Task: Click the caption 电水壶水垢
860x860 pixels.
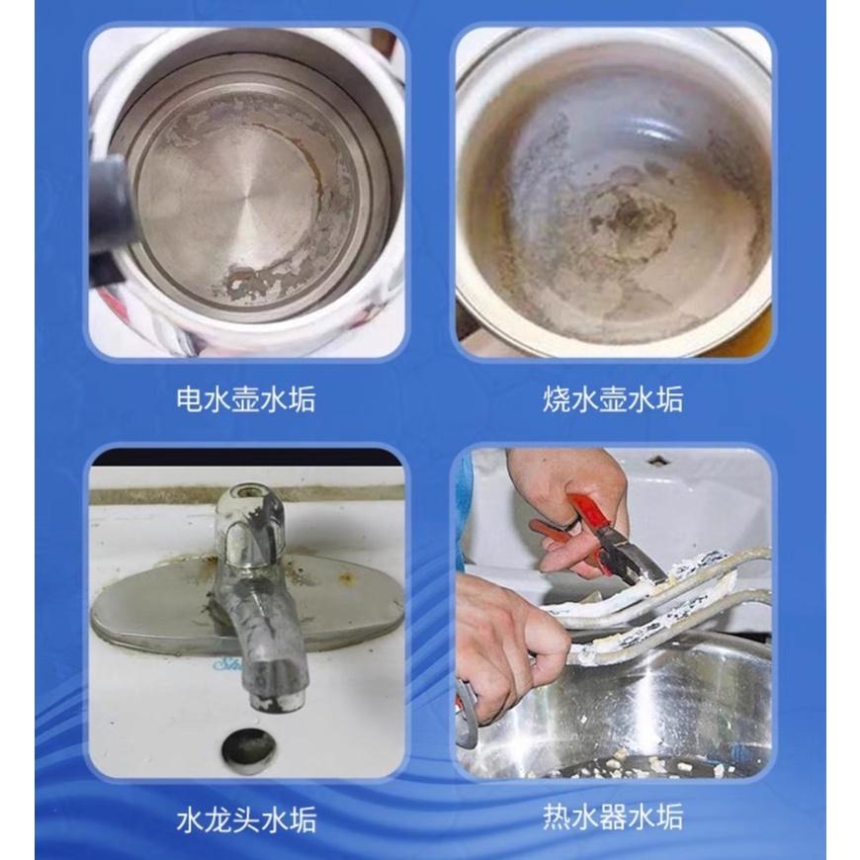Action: (x=246, y=399)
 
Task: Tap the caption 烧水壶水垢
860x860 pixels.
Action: (x=613, y=399)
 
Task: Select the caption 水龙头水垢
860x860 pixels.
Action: (x=246, y=818)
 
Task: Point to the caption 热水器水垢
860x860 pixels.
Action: (x=613, y=818)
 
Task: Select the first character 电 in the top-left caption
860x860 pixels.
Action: (x=189, y=399)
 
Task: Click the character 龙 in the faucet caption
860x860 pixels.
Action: (x=217, y=818)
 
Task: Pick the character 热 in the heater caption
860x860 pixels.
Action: (x=557, y=818)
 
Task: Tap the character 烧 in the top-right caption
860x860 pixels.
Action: (x=557, y=399)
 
